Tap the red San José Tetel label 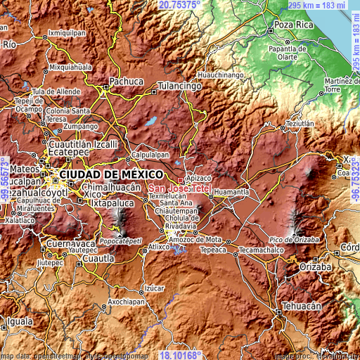click(x=179, y=188)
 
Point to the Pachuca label click(x=127, y=82)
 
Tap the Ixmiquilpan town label click(x=67, y=33)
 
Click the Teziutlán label click(x=299, y=122)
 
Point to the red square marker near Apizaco click(x=181, y=180)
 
